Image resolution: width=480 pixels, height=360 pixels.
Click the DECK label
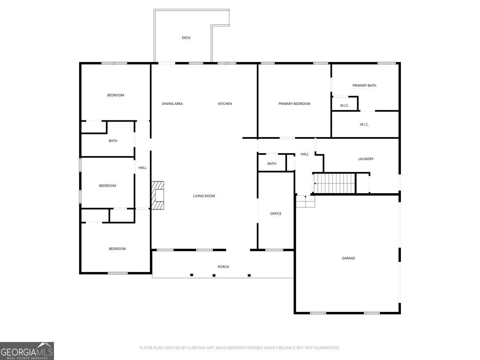tap(186, 38)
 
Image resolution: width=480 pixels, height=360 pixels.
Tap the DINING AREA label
tap(172, 104)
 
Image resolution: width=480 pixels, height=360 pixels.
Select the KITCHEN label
tap(225, 104)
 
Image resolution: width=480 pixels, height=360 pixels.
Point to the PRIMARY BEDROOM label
tap(294, 104)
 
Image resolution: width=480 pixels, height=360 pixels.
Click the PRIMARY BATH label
tap(364, 86)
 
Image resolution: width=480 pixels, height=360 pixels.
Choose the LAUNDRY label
tap(366, 159)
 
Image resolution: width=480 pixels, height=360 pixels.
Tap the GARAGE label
tap(348, 258)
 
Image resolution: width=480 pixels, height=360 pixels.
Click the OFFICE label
tap(276, 214)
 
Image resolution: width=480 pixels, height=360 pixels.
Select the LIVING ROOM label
tap(204, 196)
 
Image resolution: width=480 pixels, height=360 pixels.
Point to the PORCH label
tap(223, 267)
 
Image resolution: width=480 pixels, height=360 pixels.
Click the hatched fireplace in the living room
tap(158, 195)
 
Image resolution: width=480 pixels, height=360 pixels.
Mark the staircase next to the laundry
tap(334, 183)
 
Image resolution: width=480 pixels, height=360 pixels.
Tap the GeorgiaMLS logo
tap(27, 351)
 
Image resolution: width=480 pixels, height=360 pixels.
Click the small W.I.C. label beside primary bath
tap(344, 106)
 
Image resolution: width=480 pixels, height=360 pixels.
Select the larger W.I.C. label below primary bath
tap(364, 125)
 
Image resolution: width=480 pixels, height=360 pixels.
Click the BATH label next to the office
tap(272, 164)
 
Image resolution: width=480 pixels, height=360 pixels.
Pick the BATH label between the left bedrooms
tap(113, 141)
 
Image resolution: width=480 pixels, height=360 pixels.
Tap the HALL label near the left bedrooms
tap(142, 168)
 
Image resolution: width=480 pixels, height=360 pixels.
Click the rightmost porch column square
tap(249, 275)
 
